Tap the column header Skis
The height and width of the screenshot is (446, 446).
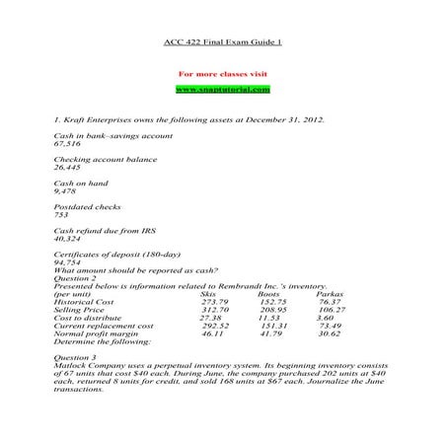click(x=207, y=293)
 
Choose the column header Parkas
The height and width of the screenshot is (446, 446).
click(x=330, y=293)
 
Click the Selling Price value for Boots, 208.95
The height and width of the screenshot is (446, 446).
click(x=273, y=310)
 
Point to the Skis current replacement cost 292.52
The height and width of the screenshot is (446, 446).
click(x=214, y=326)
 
